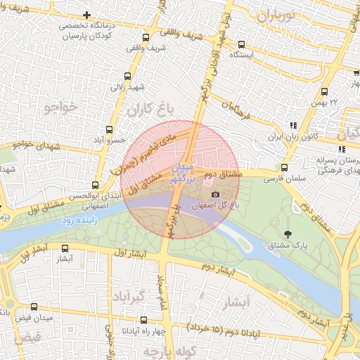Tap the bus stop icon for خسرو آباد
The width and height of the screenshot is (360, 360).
[x=109, y=129]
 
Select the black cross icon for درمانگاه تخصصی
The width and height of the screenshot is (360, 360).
[x=86, y=15]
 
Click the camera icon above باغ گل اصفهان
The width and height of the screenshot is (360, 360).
[x=215, y=195]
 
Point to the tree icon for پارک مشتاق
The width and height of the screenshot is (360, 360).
[x=287, y=233]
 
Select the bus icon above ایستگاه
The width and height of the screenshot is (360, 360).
[x=242, y=44]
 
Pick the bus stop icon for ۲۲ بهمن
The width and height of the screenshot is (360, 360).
[x=324, y=91]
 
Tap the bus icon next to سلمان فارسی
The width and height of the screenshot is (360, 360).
[x=284, y=168]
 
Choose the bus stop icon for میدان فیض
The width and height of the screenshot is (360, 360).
[x=34, y=307]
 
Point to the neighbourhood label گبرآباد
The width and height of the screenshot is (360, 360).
[x=127, y=297]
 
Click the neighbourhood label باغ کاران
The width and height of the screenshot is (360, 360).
[x=150, y=109]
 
